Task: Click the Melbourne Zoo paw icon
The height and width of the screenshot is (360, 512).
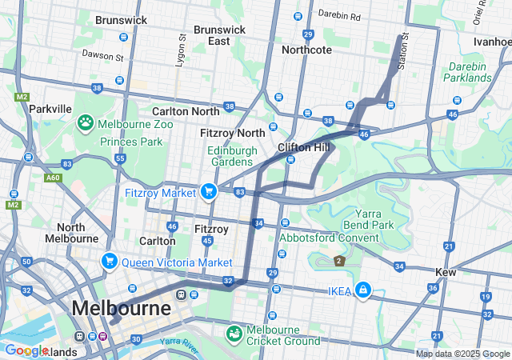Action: click(86, 123)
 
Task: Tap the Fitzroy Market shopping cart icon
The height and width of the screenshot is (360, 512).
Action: click(209, 191)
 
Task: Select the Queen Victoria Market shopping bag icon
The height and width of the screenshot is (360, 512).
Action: click(110, 262)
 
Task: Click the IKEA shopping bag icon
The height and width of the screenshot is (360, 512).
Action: click(363, 290)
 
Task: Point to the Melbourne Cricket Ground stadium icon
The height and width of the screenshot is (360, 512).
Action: click(234, 333)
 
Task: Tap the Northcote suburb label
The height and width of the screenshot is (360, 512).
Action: click(306, 50)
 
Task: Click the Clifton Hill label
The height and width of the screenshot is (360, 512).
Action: click(303, 148)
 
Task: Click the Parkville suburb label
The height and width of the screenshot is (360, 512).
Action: click(50, 109)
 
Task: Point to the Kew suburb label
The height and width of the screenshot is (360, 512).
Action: click(446, 272)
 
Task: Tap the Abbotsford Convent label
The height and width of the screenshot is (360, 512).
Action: click(329, 238)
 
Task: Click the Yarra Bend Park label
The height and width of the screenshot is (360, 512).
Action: click(365, 219)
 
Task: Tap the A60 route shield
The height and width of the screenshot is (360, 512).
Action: click(53, 178)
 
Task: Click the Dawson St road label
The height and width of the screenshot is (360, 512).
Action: click(102, 55)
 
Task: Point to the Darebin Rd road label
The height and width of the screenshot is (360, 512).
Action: click(339, 16)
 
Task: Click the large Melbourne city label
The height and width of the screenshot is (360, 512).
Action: click(121, 308)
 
